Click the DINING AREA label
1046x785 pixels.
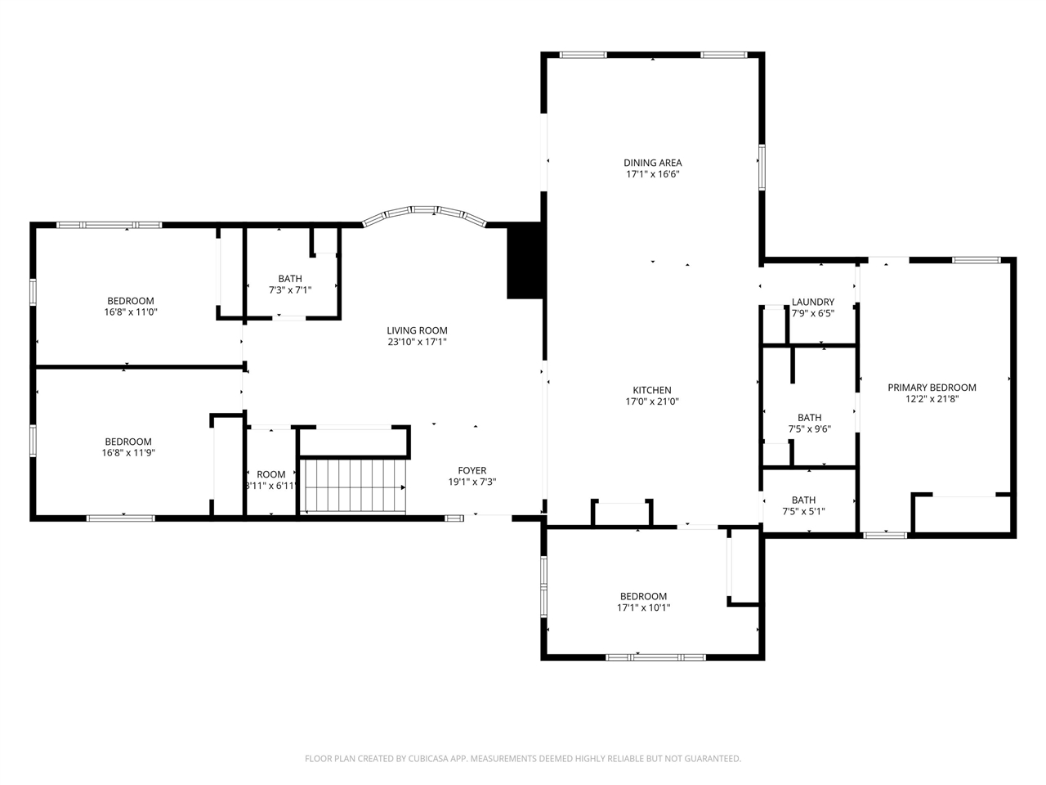652,163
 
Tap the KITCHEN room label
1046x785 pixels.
652,390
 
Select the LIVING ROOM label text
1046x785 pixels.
417,330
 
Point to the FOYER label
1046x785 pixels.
472,470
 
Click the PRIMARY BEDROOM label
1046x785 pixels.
932,388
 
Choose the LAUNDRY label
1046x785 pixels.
813,302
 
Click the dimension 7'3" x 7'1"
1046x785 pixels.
290,289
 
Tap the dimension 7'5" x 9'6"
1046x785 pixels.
810,429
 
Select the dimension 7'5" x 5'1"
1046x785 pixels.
803,511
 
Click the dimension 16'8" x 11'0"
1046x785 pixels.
131,312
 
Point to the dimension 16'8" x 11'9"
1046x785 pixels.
128,453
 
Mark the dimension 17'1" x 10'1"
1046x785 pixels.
643,608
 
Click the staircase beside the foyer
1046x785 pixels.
355,487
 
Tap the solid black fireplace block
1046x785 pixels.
524,260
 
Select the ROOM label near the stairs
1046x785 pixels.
271,474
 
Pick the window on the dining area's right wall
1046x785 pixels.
762,168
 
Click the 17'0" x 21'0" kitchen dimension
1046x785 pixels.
652,401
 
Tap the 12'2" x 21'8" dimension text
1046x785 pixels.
932,399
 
